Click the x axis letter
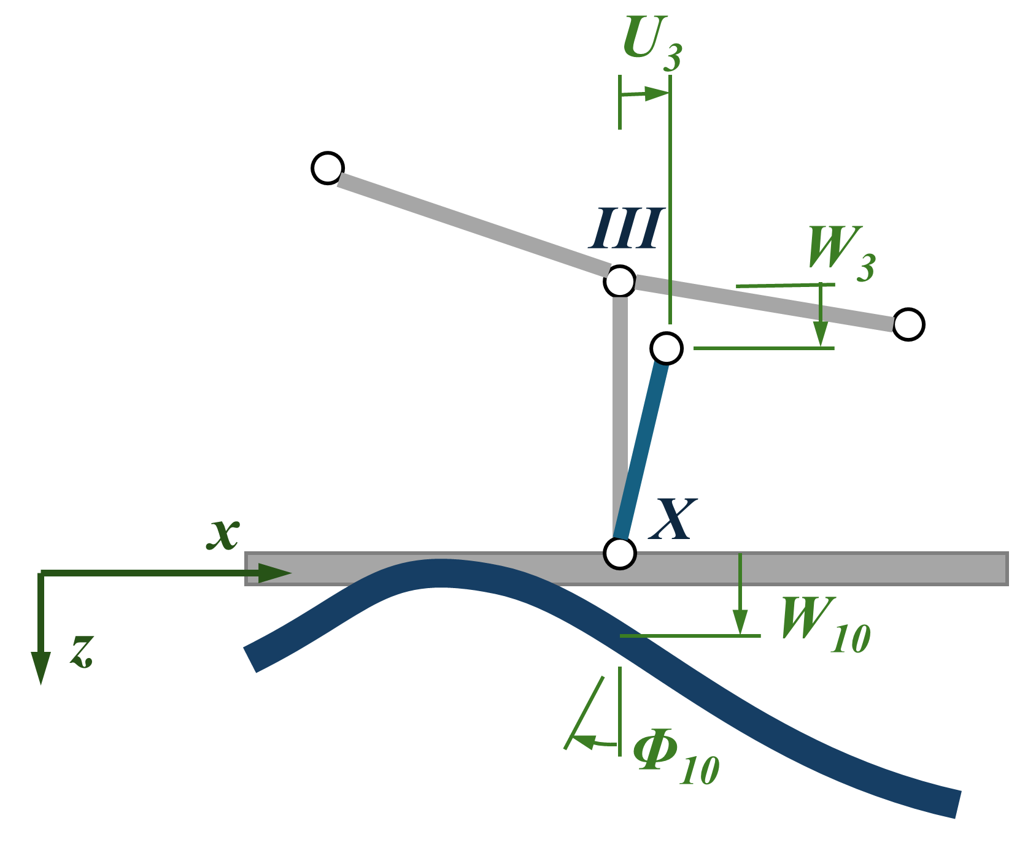click(x=222, y=533)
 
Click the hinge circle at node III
click(x=619, y=281)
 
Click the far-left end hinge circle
click(x=327, y=167)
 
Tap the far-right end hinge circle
click(x=908, y=324)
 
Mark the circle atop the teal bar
click(x=666, y=348)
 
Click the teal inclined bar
click(x=643, y=450)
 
